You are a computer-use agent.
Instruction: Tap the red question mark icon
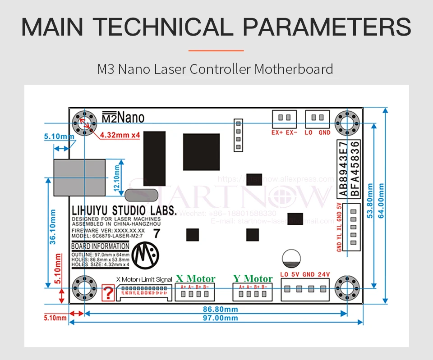(108, 293)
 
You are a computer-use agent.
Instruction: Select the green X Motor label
(195, 278)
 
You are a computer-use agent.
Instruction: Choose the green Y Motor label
(253, 278)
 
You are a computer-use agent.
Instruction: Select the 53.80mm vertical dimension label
(370, 200)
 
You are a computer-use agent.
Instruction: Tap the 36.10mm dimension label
(53, 225)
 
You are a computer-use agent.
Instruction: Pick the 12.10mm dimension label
(117, 178)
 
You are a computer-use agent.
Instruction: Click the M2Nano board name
(123, 118)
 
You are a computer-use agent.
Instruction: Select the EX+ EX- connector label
(284, 132)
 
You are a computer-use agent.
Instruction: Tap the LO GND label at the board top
(318, 132)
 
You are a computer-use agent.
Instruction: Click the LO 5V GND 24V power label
(305, 274)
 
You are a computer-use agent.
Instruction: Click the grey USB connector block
(79, 175)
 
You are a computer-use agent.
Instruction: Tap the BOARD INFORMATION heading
(100, 246)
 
